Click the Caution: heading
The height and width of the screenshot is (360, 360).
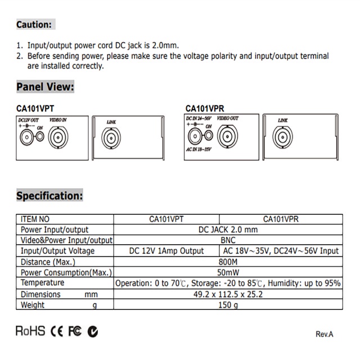coord(34,25)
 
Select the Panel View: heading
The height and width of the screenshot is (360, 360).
coord(45,87)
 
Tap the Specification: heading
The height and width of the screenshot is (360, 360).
coord(49,196)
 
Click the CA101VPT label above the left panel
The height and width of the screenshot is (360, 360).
coord(35,109)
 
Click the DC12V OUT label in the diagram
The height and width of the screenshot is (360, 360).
coord(29,120)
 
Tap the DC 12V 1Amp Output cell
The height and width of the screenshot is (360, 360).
coord(166,251)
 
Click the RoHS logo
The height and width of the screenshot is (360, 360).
coord(30,331)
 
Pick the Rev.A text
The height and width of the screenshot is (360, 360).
coord(324,334)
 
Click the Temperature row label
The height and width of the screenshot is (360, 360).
coord(42,283)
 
